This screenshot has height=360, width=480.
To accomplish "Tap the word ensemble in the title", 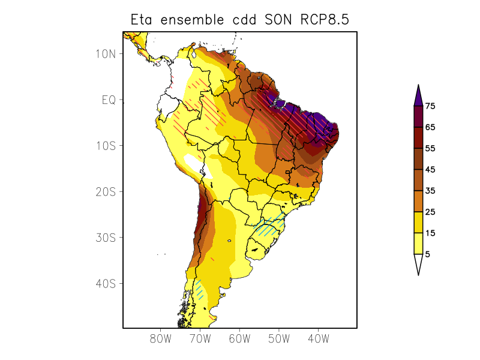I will coord(194,20).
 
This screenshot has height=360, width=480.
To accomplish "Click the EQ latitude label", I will coord(109,100).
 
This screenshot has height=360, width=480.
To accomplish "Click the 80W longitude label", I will coord(161,338).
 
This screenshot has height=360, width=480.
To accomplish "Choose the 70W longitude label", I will coord(200,338).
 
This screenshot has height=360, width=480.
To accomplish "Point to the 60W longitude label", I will coord(239,338).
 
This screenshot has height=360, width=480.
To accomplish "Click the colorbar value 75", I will coord(430,106).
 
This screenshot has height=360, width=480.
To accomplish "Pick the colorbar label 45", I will coord(430,170).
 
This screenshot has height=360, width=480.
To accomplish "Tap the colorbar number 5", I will coord(428,254).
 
